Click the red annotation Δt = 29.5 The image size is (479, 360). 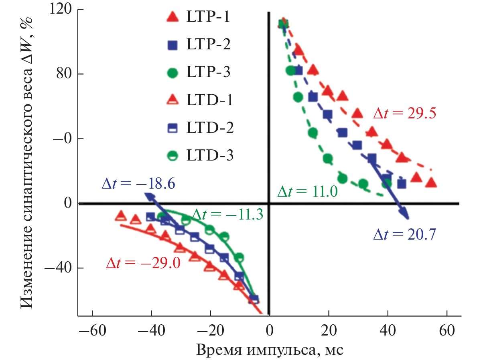[404, 114]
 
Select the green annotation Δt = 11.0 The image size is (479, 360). [307, 191]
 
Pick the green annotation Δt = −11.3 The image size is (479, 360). [227, 215]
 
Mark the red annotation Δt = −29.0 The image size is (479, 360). [143, 263]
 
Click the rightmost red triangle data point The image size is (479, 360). [431, 183]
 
